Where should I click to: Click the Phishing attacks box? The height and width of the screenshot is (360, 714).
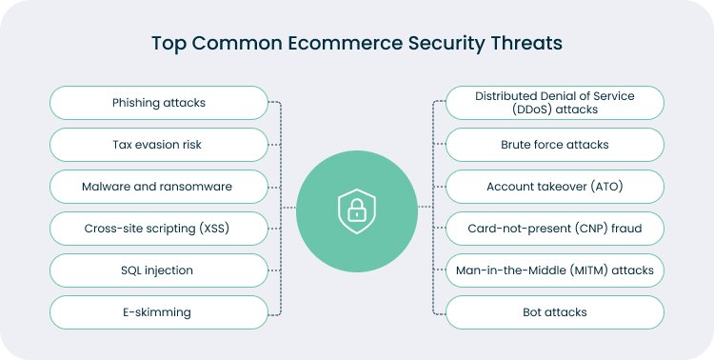point(159,103)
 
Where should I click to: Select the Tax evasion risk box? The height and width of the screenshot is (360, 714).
point(159,145)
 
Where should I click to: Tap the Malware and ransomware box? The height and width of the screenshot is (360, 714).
point(159,187)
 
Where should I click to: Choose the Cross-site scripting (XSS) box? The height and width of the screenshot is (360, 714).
point(159,229)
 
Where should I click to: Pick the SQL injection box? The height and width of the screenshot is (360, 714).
point(159,270)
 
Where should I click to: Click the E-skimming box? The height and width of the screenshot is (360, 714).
point(159,311)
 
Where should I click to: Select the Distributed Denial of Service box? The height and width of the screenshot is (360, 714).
point(555,103)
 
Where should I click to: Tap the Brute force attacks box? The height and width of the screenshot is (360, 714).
point(555,145)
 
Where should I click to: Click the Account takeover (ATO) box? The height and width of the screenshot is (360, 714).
point(555,187)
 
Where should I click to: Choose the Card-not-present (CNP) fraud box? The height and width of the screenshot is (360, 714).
point(555,229)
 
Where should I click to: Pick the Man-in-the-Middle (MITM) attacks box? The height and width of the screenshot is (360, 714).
point(555,270)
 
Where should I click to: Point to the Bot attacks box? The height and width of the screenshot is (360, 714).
point(555,311)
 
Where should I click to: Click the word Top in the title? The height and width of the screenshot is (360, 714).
point(167,44)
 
